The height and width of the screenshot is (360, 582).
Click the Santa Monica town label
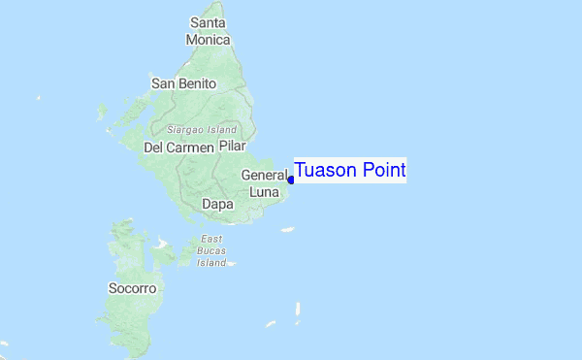[210, 31]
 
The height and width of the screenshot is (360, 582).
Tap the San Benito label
[182, 84]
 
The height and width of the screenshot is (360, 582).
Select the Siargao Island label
[202, 129]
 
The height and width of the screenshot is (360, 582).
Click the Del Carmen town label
[178, 147]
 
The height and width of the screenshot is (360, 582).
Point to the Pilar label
[234, 147]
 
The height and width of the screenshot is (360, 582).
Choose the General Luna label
[263, 183]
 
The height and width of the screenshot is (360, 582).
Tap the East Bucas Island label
[211, 250]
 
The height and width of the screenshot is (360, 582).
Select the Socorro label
[132, 288]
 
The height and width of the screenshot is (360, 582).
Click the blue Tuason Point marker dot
[291, 180]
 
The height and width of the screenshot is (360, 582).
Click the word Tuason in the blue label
[326, 171]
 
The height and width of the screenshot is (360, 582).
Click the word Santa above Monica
[210, 22]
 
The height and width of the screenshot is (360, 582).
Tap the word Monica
[210, 40]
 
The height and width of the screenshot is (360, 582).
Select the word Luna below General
[264, 192]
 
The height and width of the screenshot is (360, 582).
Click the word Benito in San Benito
[195, 84]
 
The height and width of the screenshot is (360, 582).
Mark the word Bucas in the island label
[211, 250]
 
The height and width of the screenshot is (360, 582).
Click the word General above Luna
[263, 176]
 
